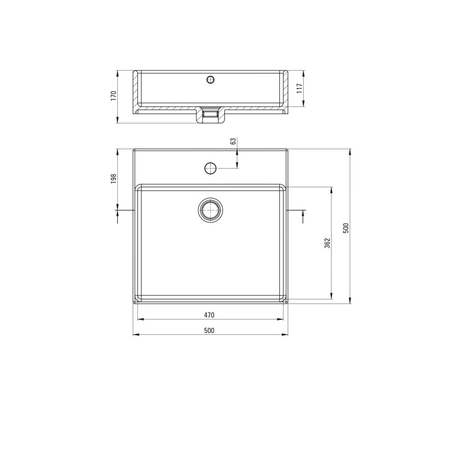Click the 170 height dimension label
pyautogui.click(x=113, y=95)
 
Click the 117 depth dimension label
pyautogui.click(x=300, y=88)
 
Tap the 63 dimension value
pyautogui.click(x=233, y=141)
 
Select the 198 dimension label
pyautogui.click(x=113, y=179)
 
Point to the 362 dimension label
pyautogui.click(x=327, y=243)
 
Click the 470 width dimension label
pyautogui.click(x=209, y=315)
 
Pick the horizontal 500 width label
pyautogui.click(x=209, y=330)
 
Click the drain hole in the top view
pyautogui.click(x=210, y=210)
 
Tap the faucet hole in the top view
pyautogui.click(x=210, y=168)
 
